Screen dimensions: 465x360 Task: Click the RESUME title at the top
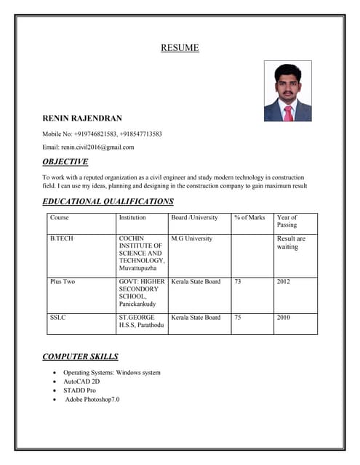pyautogui.click(x=180, y=49)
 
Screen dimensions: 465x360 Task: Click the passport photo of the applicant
pyautogui.click(x=287, y=91)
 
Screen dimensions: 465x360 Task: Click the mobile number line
pyautogui.click(x=102, y=134)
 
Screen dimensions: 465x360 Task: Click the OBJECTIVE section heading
pyautogui.click(x=65, y=162)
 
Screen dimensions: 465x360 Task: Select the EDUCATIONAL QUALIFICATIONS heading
pyautogui.click(x=108, y=201)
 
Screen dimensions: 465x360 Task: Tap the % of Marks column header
pyautogui.click(x=249, y=217)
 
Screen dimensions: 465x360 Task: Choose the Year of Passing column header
pyautogui.click(x=287, y=221)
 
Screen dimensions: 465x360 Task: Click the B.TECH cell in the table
pyautogui.click(x=62, y=238)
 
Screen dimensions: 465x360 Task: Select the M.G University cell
pyautogui.click(x=191, y=238)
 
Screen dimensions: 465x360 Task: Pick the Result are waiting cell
pyautogui.click(x=291, y=243)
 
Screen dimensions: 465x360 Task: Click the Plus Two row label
pyautogui.click(x=63, y=281)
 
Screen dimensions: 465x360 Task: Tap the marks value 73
pyautogui.click(x=238, y=281)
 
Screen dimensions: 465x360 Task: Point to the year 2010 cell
pyautogui.click(x=284, y=318)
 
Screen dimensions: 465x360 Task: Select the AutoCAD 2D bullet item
pyautogui.click(x=81, y=381)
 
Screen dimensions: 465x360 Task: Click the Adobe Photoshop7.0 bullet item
pyautogui.click(x=92, y=399)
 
